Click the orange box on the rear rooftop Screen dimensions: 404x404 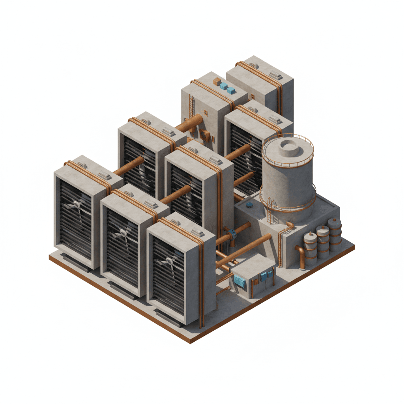click(x=217, y=82)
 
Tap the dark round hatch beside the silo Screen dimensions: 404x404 click(x=249, y=205)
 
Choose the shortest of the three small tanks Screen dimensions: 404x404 click(x=310, y=248)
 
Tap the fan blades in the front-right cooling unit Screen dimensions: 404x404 click(x=168, y=262)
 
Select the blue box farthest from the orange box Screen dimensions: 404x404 click(x=231, y=90)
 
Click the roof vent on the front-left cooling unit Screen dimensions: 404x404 click(x=104, y=175)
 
